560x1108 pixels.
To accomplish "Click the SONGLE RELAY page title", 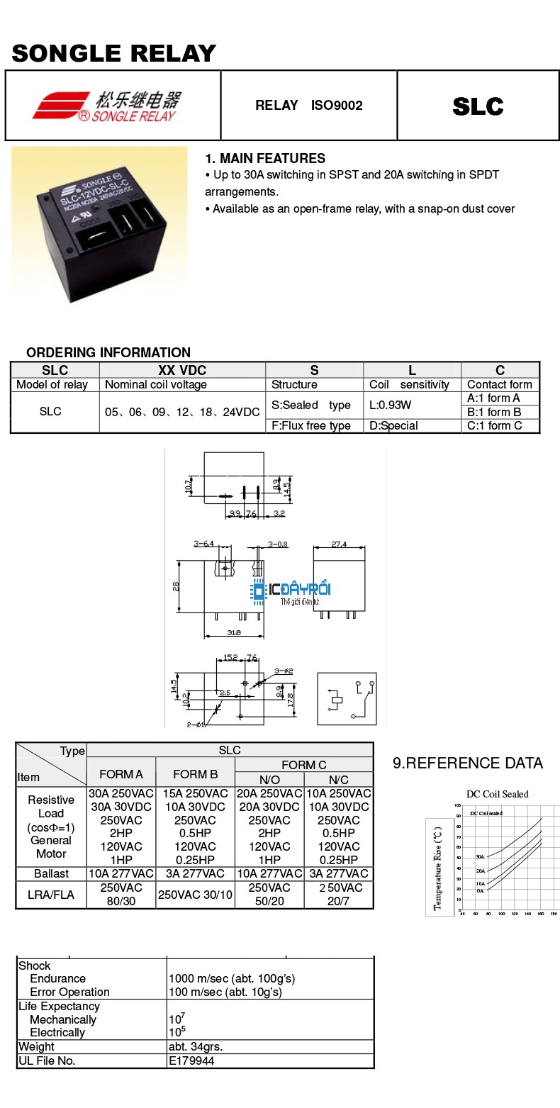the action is tap(114, 53).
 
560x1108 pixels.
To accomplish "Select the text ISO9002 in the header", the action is tap(337, 106).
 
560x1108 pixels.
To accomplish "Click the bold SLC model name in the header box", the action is tap(478, 106).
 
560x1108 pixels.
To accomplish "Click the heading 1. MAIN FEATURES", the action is tap(265, 158).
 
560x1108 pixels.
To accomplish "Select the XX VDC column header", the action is tap(182, 370).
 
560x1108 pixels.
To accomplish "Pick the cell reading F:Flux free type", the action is tap(311, 425).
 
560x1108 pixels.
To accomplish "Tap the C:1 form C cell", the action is tap(494, 425).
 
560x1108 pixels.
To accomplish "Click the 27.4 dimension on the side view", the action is tap(340, 544).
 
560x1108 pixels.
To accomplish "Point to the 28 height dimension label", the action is tap(176, 586).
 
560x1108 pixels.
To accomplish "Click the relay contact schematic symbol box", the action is tap(347, 698).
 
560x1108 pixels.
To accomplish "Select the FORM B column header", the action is tap(195, 774).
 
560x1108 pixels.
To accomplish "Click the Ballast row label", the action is tap(51, 873).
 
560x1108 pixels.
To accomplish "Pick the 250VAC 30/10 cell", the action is tap(195, 895).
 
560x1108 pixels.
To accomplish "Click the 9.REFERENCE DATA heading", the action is tap(468, 763).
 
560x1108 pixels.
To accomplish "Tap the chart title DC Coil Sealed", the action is tap(497, 794).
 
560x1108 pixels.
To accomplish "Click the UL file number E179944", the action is tap(191, 1061).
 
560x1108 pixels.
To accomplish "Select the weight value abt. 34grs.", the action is tap(196, 1046).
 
